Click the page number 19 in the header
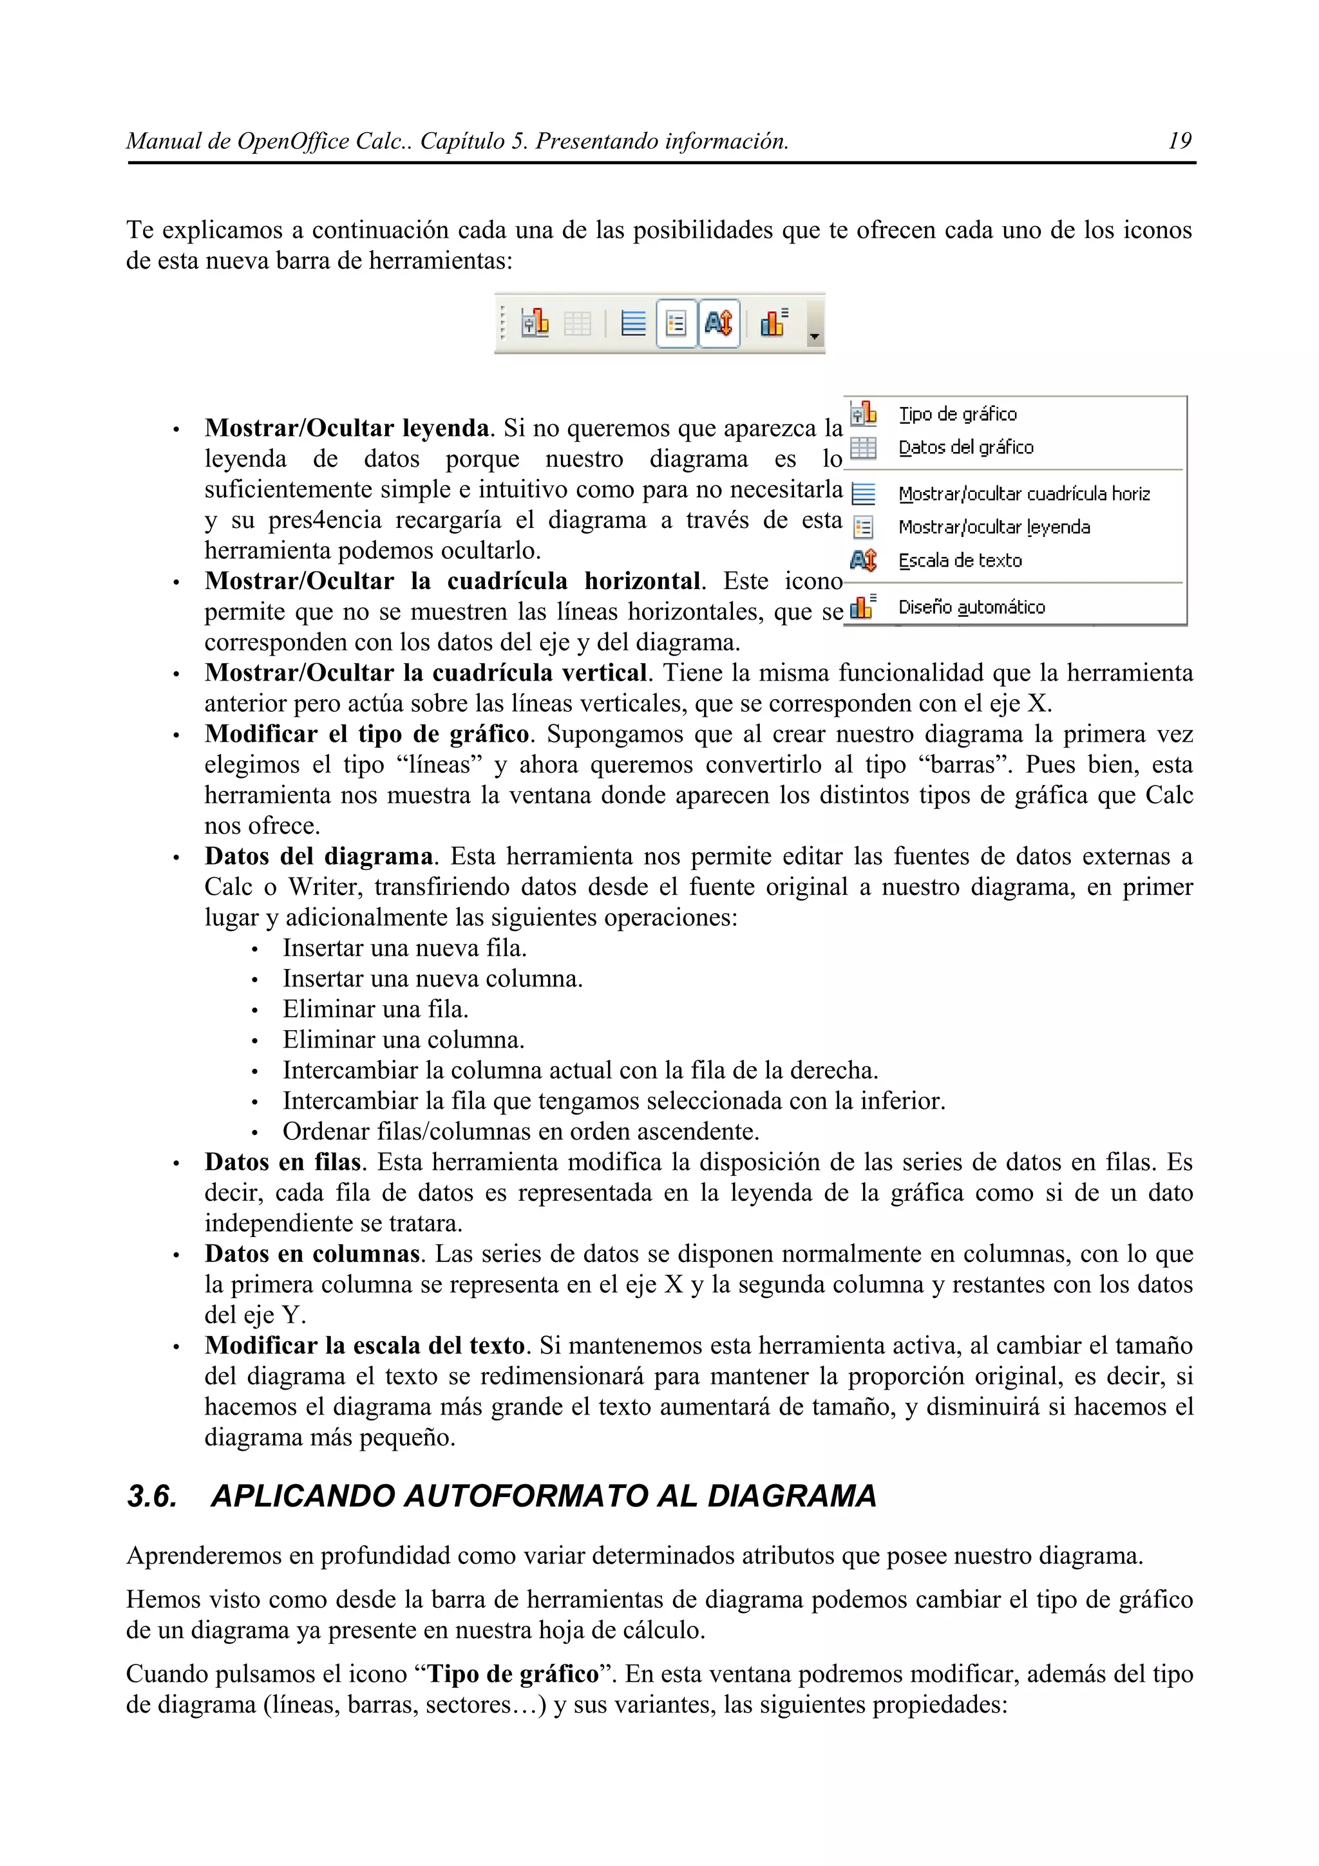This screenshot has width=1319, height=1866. pyautogui.click(x=1179, y=142)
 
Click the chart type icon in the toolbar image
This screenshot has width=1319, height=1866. pyautogui.click(x=535, y=323)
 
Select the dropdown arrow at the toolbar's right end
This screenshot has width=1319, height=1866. pyautogui.click(x=814, y=334)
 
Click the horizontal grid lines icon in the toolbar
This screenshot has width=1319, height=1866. pyautogui.click(x=633, y=323)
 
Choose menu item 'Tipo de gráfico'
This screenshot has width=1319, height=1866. pyautogui.click(x=957, y=415)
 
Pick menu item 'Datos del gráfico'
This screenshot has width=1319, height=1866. pyautogui.click(x=965, y=448)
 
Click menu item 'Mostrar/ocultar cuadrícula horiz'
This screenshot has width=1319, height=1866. pyautogui.click(x=1024, y=494)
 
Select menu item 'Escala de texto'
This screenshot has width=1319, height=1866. pyautogui.click(x=960, y=561)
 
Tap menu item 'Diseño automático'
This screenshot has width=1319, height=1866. pyautogui.click(x=971, y=607)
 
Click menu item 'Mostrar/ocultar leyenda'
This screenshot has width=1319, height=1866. pyautogui.click(x=994, y=527)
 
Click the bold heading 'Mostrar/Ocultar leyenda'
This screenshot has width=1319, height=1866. pyautogui.click(x=347, y=428)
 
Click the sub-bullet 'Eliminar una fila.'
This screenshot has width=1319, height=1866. pyautogui.click(x=375, y=1010)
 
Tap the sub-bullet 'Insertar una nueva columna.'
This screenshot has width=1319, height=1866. pyautogui.click(x=432, y=979)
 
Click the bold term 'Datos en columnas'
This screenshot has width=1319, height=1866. pyautogui.click(x=312, y=1254)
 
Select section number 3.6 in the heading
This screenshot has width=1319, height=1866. pyautogui.click(x=152, y=1496)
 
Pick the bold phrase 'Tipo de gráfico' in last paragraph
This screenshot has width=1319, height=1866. pyautogui.click(x=513, y=1674)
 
